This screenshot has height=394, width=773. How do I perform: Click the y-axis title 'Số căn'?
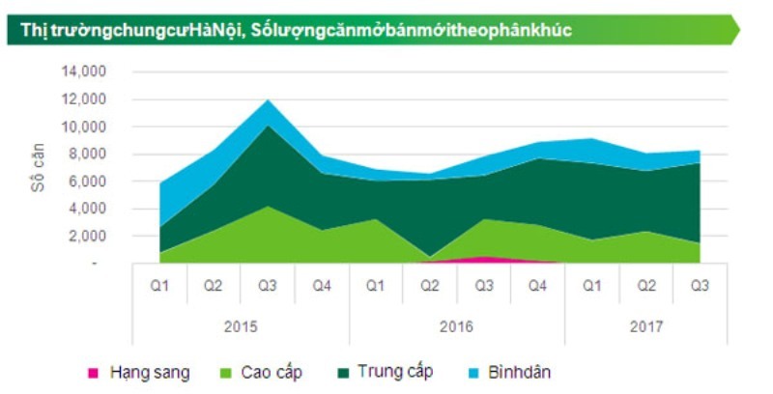pyautogui.click(x=38, y=167)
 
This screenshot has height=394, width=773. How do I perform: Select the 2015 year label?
pyautogui.click(x=240, y=326)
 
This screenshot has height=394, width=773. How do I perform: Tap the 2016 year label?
pyautogui.click(x=456, y=326)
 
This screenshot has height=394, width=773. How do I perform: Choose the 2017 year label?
pyautogui.click(x=645, y=326)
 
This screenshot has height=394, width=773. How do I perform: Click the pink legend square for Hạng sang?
pyautogui.click(x=94, y=372)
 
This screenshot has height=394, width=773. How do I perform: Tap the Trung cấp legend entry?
pyautogui.click(x=394, y=372)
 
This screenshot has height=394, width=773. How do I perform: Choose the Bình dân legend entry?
pyautogui.click(x=519, y=372)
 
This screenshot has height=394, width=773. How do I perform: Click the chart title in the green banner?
pyautogui.click(x=290, y=30)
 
